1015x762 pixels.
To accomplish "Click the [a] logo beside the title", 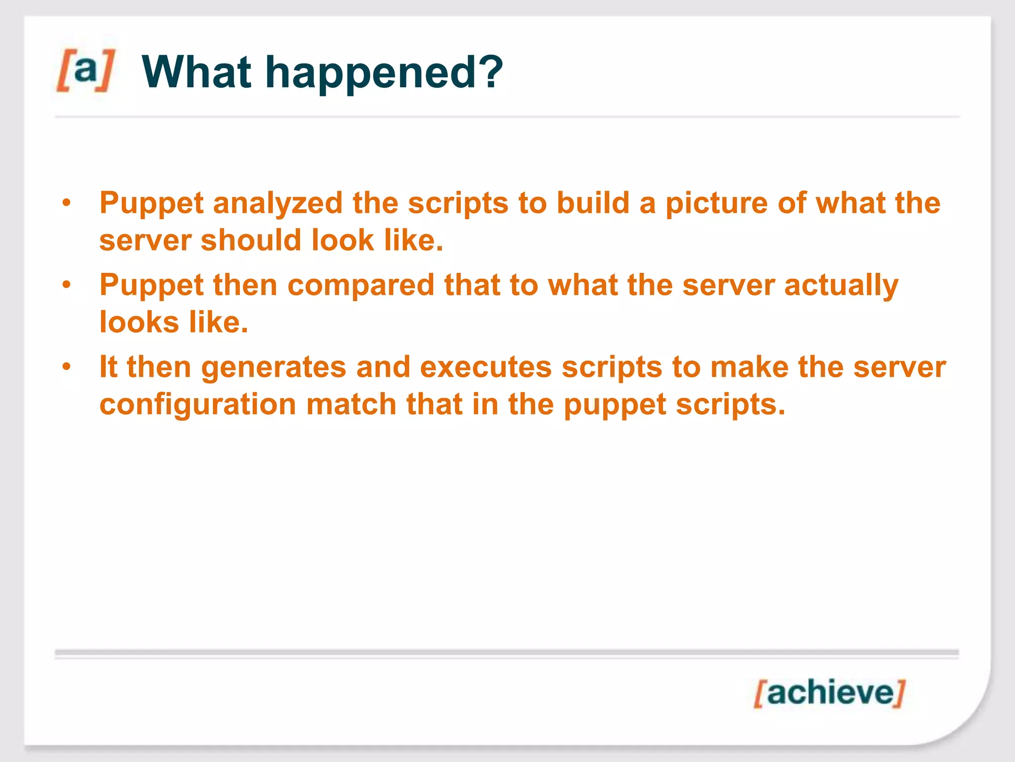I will tap(85, 70).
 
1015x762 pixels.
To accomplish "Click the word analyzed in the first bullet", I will tap(278, 204).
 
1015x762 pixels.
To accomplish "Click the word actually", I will tap(841, 286).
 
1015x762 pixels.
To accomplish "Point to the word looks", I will tap(139, 322).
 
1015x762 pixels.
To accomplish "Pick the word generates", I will tap(274, 368).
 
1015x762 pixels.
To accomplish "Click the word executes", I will tap(486, 368).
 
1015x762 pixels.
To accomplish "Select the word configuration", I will tap(197, 405).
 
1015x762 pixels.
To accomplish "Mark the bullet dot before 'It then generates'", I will tap(67, 367).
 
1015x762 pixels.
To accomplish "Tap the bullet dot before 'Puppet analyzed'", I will tap(67, 203).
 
